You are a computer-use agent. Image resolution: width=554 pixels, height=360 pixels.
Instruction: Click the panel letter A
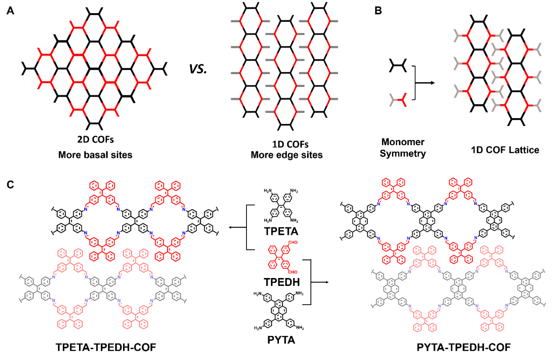[x=10, y=11]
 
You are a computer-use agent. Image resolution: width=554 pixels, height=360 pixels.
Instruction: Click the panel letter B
[x=378, y=11]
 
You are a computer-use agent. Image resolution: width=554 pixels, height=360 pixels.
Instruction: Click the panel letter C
[x=11, y=184]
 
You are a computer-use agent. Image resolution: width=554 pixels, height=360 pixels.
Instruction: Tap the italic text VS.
[x=198, y=69]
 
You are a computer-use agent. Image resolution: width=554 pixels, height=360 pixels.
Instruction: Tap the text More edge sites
[x=287, y=156]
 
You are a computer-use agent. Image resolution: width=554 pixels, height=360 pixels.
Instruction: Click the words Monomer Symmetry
[x=403, y=147]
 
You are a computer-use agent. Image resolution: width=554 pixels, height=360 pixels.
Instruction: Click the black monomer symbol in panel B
[x=398, y=66]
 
